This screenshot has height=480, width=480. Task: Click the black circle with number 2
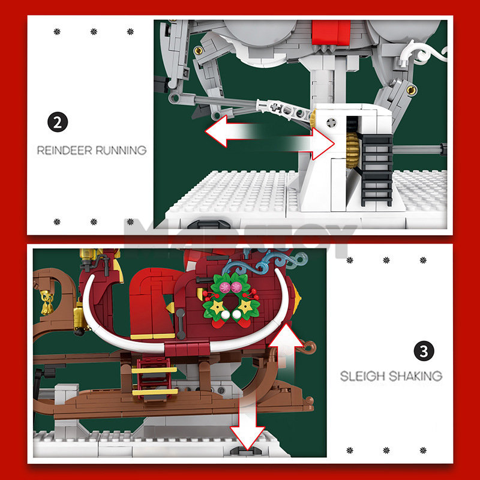pos(58,123)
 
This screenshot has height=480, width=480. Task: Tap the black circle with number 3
pos(424,351)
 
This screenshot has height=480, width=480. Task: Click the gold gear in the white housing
pos(352,149)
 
